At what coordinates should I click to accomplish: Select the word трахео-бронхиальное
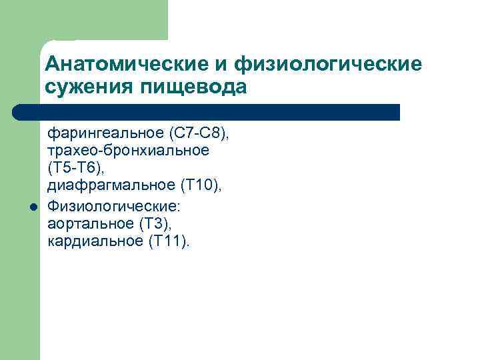click(128, 151)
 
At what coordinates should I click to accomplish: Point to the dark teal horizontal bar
click(207, 112)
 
